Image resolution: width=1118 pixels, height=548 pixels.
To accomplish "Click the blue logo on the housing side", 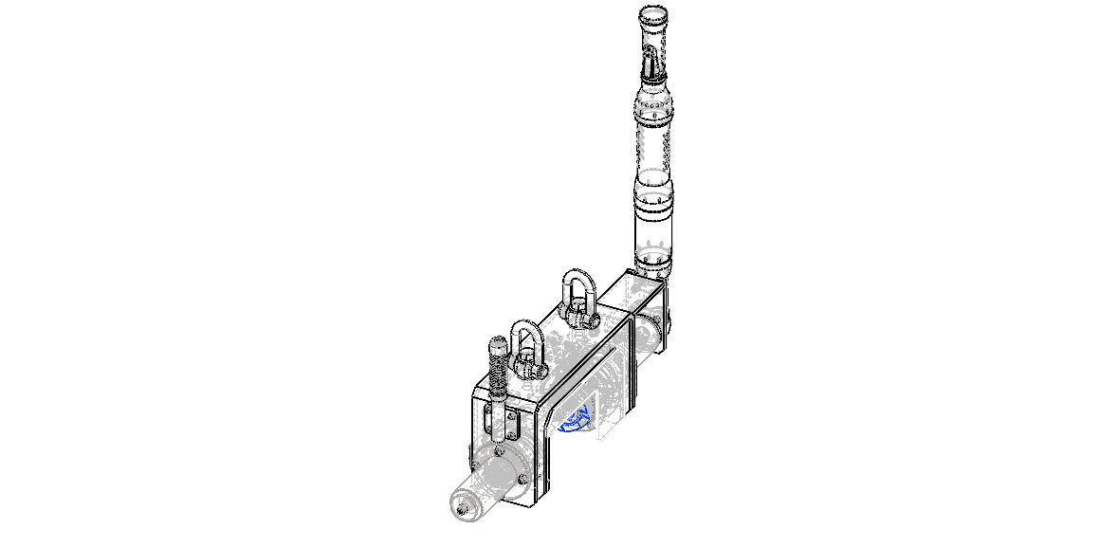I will coord(578,417).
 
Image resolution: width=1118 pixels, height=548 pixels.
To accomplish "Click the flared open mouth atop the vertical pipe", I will coord(654,16).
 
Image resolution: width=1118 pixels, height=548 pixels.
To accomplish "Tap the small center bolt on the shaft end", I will coord(462,511).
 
